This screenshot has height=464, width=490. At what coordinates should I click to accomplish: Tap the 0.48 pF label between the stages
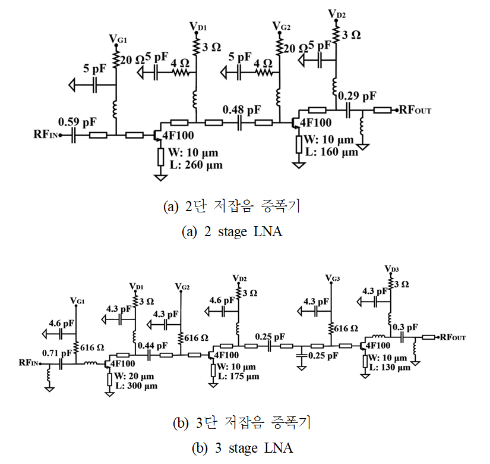coord(242,109)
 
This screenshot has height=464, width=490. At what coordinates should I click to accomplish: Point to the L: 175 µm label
coord(238,376)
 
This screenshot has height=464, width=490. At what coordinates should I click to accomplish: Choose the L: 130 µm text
coord(389,368)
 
